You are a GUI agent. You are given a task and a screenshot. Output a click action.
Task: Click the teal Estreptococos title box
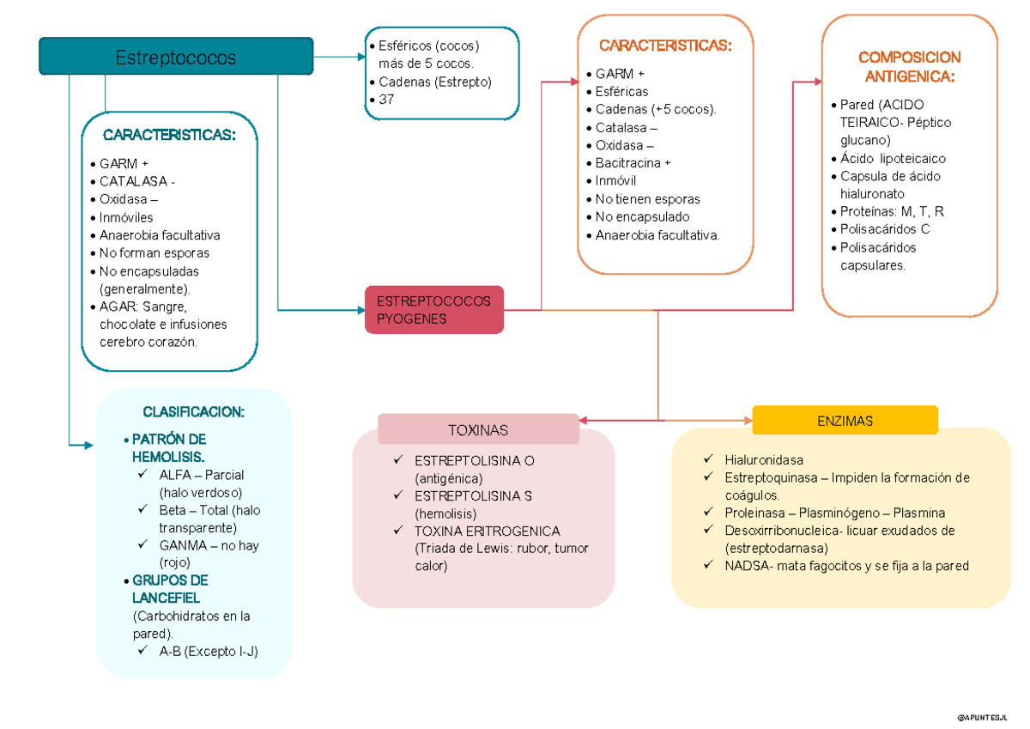tap(176, 57)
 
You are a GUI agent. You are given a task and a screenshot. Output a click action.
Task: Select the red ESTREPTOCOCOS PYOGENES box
tap(434, 310)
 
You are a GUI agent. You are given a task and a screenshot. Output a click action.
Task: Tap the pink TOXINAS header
tap(478, 429)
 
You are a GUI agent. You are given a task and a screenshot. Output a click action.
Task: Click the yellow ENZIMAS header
tap(845, 421)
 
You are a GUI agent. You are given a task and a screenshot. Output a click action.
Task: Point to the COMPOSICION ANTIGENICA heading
tap(909, 67)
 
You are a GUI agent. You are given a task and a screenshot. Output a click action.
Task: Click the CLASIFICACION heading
tap(193, 412)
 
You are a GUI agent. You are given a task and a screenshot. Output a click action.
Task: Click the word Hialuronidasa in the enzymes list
tap(763, 460)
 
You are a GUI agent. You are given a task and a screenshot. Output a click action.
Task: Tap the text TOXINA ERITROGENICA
tap(487, 532)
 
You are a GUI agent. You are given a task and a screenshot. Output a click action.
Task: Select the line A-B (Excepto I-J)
tap(209, 652)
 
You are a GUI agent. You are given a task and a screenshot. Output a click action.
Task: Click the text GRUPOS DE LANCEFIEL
tap(169, 589)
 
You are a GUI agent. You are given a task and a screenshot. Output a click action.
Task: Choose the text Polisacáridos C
tap(885, 229)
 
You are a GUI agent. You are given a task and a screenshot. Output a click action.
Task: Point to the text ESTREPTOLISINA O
tap(474, 461)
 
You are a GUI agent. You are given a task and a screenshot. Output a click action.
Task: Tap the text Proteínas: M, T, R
tap(892, 211)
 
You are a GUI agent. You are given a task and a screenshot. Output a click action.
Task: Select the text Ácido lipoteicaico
tap(893, 159)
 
